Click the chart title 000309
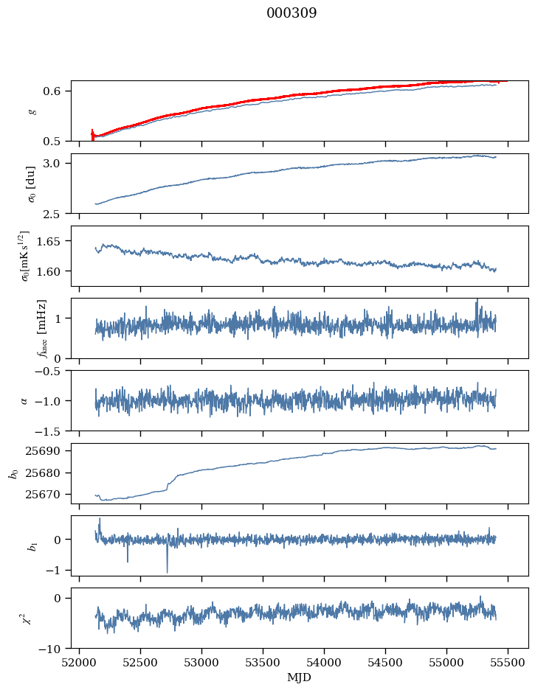pyautogui.click(x=291, y=13)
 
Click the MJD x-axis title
pyautogui.click(x=300, y=677)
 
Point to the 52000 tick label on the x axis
pyautogui.click(x=80, y=661)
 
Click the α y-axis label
pyautogui.click(x=24, y=400)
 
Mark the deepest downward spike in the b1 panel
pyautogui.click(x=167, y=571)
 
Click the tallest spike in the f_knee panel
pyautogui.click(x=477, y=301)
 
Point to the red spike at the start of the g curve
pyautogui.click(x=92, y=134)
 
